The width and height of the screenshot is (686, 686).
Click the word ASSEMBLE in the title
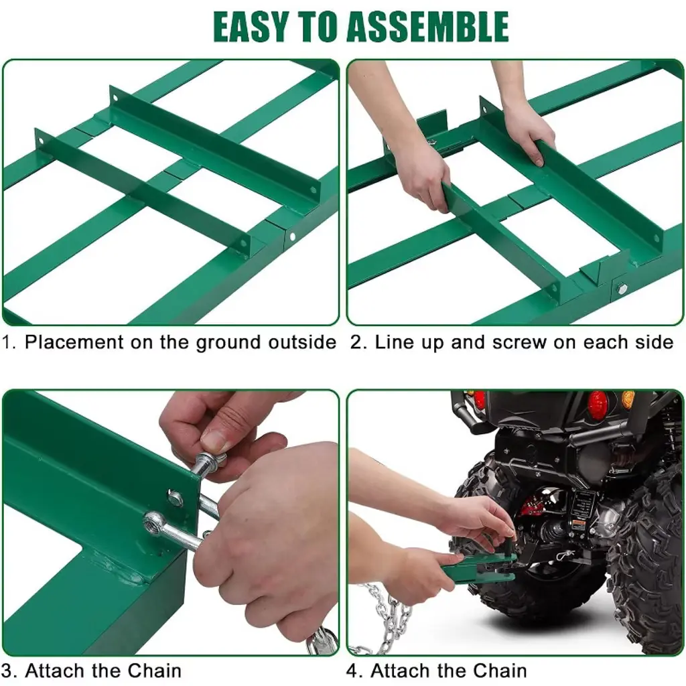click(x=427, y=27)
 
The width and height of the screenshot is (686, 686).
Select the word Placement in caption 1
click(x=74, y=342)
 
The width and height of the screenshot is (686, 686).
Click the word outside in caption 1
click(x=302, y=342)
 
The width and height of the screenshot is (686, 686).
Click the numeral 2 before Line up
click(x=356, y=342)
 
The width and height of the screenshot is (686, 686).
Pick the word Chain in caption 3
click(x=155, y=670)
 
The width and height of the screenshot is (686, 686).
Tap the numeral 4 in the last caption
click(x=352, y=670)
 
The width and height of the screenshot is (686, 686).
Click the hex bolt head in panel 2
click(x=622, y=288)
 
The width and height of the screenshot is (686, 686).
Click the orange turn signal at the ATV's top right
click(x=628, y=399)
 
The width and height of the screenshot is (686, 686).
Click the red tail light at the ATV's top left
click(x=480, y=400)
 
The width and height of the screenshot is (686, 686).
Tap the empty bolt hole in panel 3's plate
click(x=175, y=497)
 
